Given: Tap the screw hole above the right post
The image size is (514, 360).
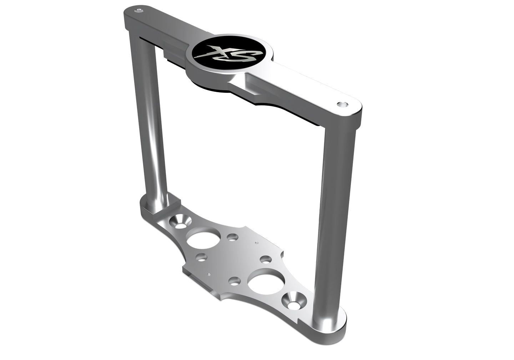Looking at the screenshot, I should click(x=342, y=104).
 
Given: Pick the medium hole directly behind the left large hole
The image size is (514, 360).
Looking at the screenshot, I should click(x=233, y=237).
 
